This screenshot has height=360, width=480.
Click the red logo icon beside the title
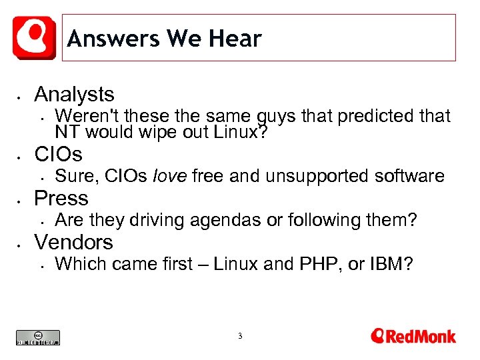[x=34, y=37]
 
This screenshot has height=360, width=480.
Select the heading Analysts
[x=74, y=94]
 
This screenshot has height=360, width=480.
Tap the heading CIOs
[x=58, y=155]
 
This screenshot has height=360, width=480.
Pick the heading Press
[x=61, y=198]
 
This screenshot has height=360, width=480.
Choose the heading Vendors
[x=73, y=241]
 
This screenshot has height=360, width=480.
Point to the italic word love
[x=171, y=176]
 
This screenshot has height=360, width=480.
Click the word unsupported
[x=317, y=176]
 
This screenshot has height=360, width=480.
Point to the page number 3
[x=240, y=336]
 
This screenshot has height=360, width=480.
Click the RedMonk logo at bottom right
[x=413, y=335]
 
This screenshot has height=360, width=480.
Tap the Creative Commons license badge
[x=38, y=337]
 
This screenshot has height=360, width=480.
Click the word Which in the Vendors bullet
[x=81, y=263]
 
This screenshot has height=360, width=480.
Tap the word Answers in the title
[x=113, y=39]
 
